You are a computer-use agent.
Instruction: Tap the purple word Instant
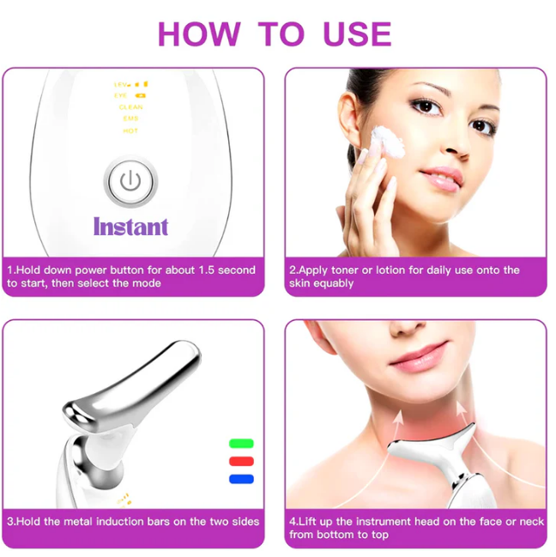tap(130, 227)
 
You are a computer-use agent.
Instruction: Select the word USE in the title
tap(357, 33)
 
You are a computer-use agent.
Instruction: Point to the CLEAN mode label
tap(130, 107)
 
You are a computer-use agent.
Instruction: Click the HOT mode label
tap(130, 130)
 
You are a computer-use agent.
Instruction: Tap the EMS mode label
tap(130, 119)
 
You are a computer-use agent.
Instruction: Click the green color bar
tap(242, 444)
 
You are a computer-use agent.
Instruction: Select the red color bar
tap(242, 461)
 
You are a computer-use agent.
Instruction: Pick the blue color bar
tap(242, 478)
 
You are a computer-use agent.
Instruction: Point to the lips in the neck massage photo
tap(421, 353)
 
